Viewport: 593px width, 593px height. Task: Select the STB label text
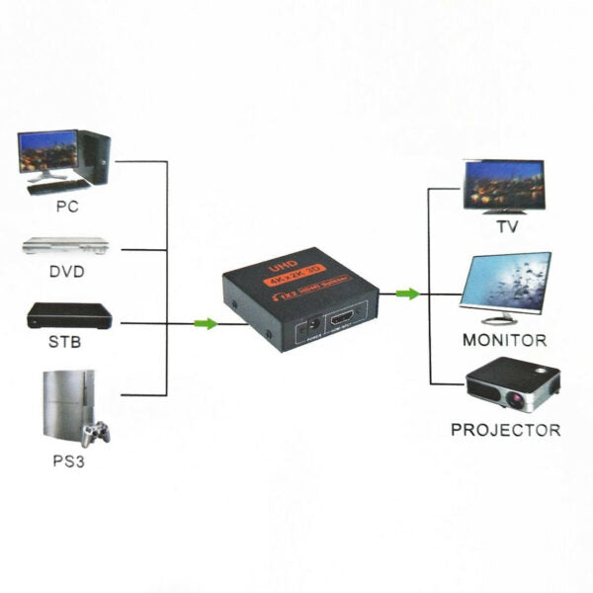(x=66, y=343)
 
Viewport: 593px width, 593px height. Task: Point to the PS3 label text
(x=66, y=461)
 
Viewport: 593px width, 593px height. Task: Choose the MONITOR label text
(x=504, y=339)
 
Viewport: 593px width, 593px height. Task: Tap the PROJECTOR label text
(x=505, y=430)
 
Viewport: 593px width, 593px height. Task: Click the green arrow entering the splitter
(x=205, y=323)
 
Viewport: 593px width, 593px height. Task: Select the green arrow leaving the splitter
(x=406, y=293)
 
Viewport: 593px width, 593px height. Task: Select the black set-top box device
(x=66, y=317)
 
